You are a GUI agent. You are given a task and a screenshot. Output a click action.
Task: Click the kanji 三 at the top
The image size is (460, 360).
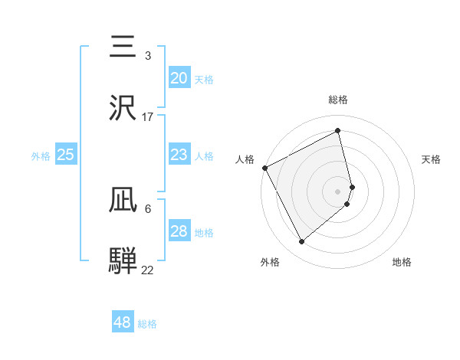point(123,47)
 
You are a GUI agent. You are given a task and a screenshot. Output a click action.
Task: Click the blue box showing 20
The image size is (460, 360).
point(179,78)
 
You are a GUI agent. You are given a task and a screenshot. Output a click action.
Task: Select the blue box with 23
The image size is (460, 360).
point(179,155)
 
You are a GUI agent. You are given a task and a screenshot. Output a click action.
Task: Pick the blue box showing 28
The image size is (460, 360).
point(179,231)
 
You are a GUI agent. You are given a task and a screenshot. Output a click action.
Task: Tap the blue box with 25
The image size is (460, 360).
point(65,155)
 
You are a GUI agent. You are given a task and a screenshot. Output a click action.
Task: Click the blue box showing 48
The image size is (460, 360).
point(122,322)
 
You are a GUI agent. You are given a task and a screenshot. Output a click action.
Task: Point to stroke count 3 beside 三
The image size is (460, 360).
point(147,56)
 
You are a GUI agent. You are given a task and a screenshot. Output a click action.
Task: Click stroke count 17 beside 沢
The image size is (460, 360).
point(148,116)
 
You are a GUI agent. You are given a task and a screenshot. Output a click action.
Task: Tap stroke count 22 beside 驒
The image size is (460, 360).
point(148,270)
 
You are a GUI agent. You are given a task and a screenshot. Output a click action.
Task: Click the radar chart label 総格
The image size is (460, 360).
point(338,100)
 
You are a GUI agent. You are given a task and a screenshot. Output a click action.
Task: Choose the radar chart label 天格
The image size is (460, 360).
point(431,159)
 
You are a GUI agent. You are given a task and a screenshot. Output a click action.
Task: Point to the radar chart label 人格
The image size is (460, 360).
point(245,159)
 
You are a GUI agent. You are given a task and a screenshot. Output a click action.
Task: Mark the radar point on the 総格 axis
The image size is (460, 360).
point(338,130)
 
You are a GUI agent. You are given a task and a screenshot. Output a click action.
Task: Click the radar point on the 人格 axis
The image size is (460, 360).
point(265,168)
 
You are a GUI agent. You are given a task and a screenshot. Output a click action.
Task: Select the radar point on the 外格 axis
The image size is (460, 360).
point(301,242)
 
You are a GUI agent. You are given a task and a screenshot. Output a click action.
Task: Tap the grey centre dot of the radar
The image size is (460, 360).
point(338,191)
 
